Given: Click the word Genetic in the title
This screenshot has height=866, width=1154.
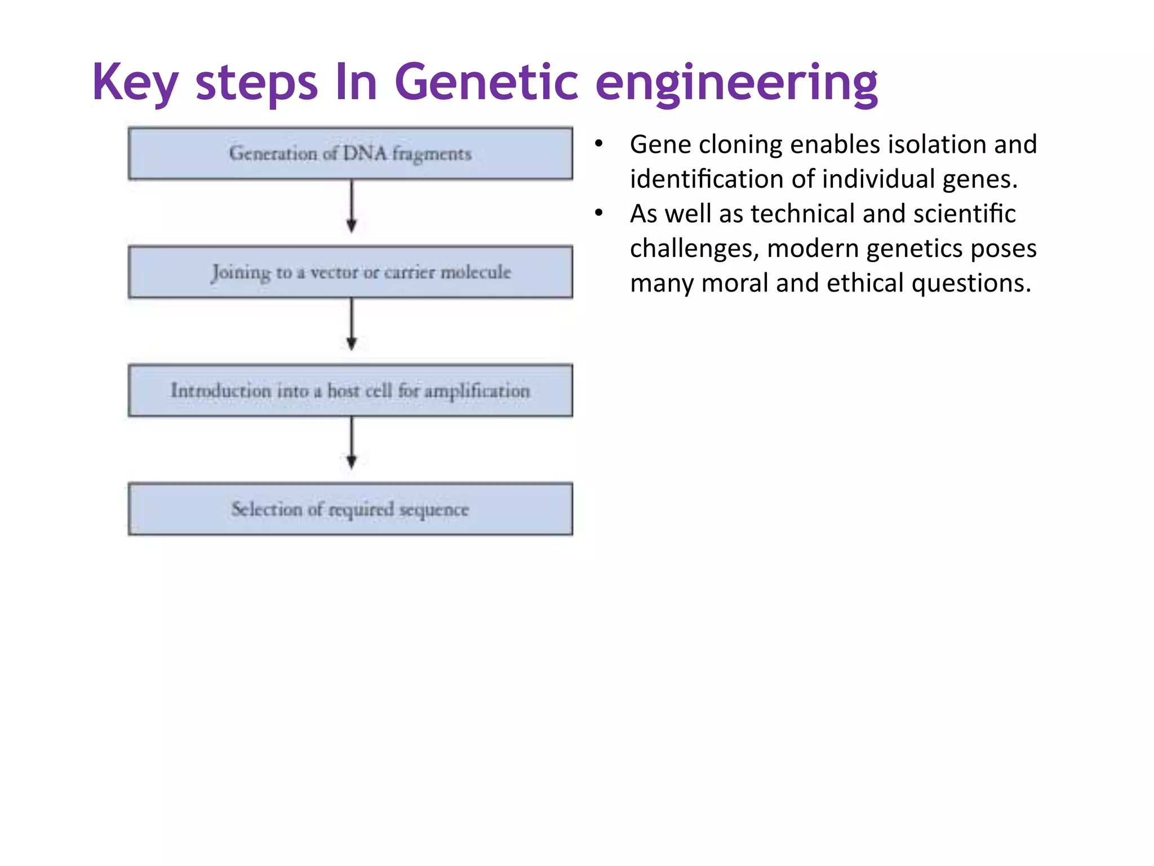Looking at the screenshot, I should pyautogui.click(x=486, y=82).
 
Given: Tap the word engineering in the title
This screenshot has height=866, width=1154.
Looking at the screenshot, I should pyautogui.click(x=736, y=82).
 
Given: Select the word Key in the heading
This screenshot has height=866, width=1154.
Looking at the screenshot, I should pyautogui.click(x=135, y=82).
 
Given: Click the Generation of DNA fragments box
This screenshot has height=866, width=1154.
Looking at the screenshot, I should pyautogui.click(x=350, y=153).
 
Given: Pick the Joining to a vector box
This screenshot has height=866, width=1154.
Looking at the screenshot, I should pyautogui.click(x=350, y=272).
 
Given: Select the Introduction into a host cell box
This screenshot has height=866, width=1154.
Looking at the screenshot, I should pyautogui.click(x=350, y=390).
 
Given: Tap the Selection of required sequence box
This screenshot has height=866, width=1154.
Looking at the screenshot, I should pyautogui.click(x=350, y=509).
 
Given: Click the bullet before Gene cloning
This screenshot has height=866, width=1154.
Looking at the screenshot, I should pyautogui.click(x=599, y=144).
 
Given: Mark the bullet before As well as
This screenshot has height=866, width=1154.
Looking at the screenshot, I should pyautogui.click(x=599, y=214).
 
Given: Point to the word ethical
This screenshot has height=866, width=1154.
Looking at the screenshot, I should pyautogui.click(x=865, y=283).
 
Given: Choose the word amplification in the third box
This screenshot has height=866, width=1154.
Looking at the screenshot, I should pyautogui.click(x=477, y=391).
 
